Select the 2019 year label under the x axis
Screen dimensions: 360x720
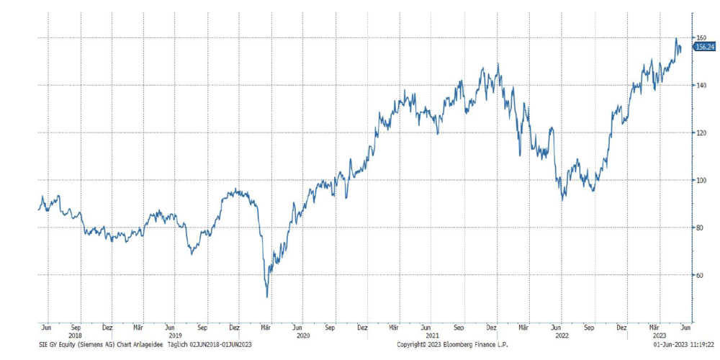tap(173, 336)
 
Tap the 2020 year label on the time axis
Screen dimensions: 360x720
tap(302, 336)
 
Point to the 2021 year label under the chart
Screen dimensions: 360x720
tap(432, 336)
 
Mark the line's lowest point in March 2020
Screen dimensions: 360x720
tap(267, 296)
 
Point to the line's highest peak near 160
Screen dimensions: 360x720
tap(676, 39)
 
